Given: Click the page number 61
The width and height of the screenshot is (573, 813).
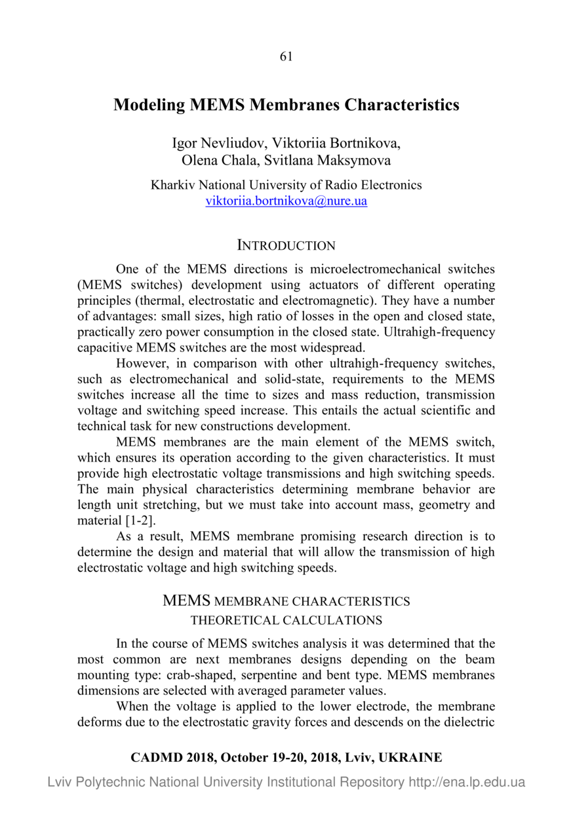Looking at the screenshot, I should click(286, 56).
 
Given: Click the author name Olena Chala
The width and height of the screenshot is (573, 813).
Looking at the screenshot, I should click(214, 159).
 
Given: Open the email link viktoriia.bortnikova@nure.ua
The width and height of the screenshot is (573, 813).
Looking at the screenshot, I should click(286, 201).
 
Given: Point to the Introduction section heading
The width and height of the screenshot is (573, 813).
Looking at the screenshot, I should click(286, 246).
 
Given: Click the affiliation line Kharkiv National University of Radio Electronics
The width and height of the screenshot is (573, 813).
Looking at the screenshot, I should click(286, 185).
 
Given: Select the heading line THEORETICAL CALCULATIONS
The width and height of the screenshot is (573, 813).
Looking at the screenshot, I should click(286, 620).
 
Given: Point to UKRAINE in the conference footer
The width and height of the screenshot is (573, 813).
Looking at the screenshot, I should click(410, 758).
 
